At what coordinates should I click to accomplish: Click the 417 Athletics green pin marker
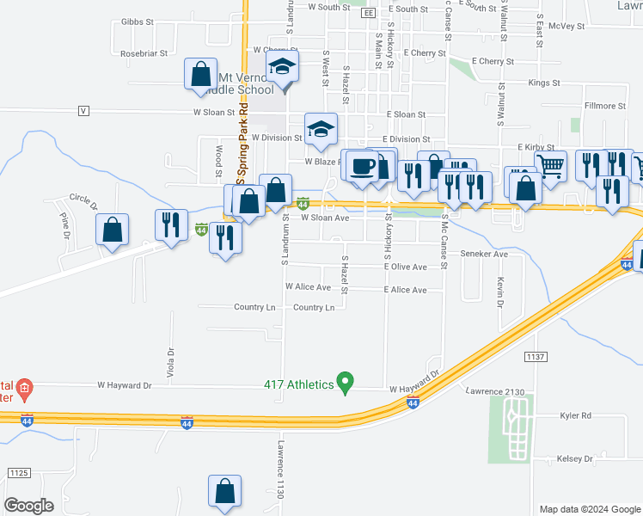pyautogui.click(x=346, y=381)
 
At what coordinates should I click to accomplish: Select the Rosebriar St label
pyautogui.click(x=144, y=53)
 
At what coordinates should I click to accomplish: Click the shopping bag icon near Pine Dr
pyautogui.click(x=112, y=230)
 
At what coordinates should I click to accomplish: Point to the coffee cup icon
pyautogui.click(x=362, y=165)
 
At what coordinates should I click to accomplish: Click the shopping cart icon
pyautogui.click(x=550, y=166)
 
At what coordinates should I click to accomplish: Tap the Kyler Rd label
pyautogui.click(x=574, y=415)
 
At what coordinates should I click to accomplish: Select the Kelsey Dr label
pyautogui.click(x=575, y=459)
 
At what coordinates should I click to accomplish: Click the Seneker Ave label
pyautogui.click(x=485, y=255)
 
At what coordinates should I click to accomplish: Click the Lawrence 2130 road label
pyautogui.click(x=495, y=392)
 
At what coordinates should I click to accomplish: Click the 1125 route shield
pyautogui.click(x=19, y=473)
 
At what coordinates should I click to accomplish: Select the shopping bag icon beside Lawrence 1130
pyautogui.click(x=224, y=492)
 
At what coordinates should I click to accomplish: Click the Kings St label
pyautogui.click(x=544, y=83)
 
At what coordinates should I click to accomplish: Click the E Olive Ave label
pyautogui.click(x=406, y=267)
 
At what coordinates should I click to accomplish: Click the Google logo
pyautogui.click(x=29, y=506)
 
